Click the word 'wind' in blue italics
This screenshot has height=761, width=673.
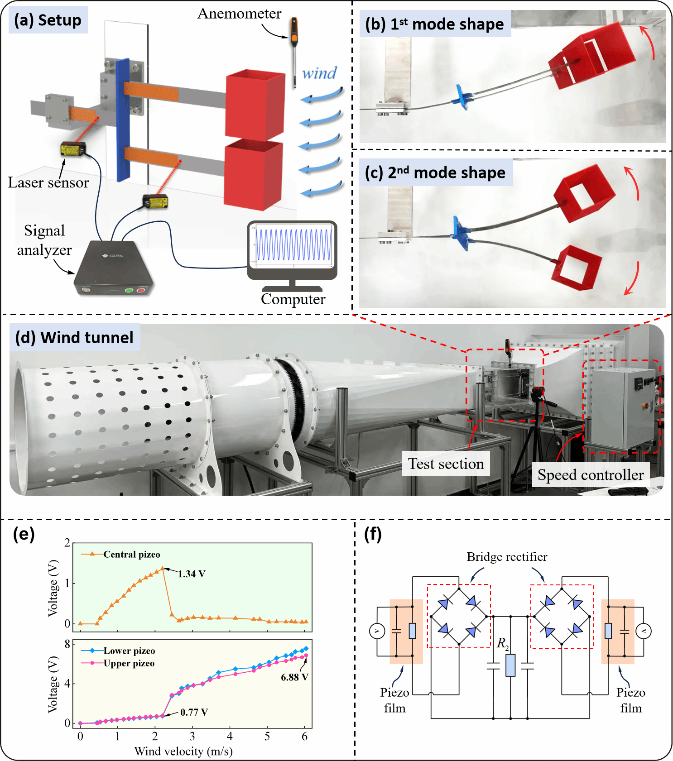(319, 73)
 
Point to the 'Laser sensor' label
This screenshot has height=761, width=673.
(48, 182)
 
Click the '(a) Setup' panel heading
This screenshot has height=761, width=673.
(48, 20)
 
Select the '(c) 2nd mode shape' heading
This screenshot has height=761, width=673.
(435, 172)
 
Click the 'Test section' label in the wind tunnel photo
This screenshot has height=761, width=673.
(446, 464)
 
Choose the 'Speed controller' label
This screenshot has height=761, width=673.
(591, 474)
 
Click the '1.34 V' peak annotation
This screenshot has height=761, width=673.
(192, 574)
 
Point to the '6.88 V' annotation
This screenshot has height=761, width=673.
(294, 677)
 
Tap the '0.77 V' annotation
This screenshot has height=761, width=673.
(194, 712)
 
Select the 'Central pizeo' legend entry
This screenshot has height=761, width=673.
(120, 554)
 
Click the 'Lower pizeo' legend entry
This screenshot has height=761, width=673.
(118, 651)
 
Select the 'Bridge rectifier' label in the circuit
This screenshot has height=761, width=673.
(507, 557)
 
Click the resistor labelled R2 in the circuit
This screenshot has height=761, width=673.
(510, 665)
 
